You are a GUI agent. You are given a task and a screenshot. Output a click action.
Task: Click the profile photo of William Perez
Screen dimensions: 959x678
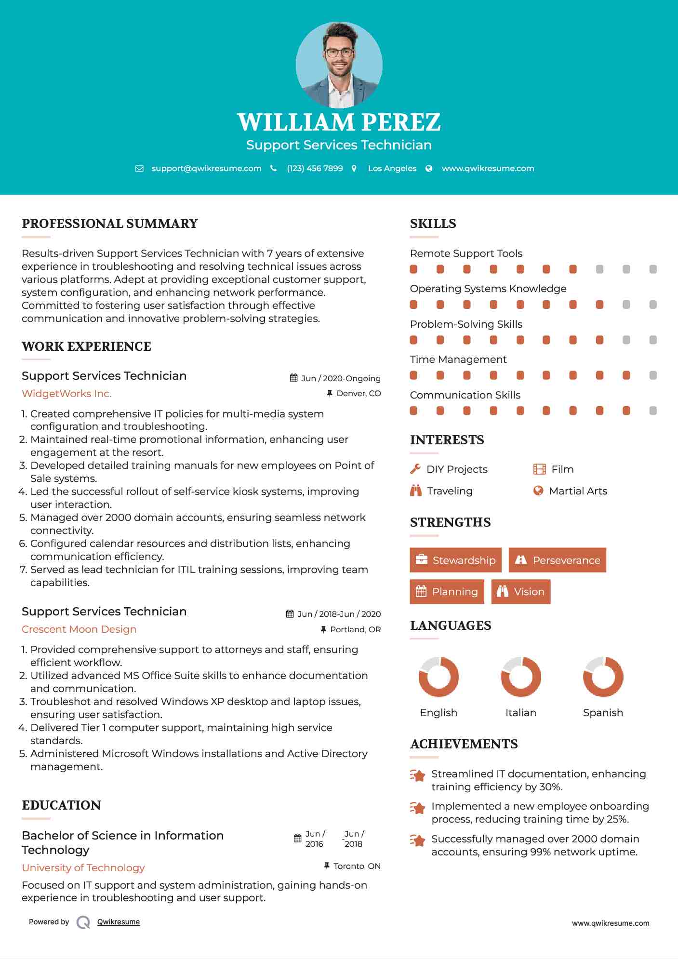[339, 65]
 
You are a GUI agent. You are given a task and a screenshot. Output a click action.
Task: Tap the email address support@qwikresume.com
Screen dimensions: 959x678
[206, 168]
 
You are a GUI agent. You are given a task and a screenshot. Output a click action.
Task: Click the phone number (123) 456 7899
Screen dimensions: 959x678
[315, 168]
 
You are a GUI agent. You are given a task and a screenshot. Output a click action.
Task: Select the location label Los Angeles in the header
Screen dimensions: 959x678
[392, 168]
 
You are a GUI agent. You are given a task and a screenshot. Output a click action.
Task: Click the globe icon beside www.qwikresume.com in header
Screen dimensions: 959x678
[429, 168]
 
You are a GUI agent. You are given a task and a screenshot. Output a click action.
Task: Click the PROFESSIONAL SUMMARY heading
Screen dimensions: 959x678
[110, 224]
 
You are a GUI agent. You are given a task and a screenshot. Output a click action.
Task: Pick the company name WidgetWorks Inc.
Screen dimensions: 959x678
[66, 394]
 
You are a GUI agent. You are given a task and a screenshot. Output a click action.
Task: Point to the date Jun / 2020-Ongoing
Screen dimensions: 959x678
[341, 378]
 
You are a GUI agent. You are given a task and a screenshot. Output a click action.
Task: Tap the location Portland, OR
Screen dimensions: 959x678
[355, 629]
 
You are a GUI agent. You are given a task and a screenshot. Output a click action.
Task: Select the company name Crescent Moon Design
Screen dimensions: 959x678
[79, 629]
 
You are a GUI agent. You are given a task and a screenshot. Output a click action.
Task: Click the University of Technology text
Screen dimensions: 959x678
[83, 868]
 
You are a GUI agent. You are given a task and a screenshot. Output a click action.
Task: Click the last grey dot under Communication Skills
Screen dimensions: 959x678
[653, 411]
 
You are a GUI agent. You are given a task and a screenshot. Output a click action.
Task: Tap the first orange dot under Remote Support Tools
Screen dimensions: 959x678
[413, 269]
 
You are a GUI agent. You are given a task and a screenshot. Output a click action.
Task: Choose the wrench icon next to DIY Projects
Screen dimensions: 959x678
[415, 469]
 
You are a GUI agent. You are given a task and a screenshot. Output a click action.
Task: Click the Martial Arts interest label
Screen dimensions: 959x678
[578, 491]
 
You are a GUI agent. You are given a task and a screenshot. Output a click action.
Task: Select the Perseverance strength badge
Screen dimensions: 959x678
[558, 560]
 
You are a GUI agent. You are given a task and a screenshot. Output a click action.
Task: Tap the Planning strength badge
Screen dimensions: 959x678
[447, 591]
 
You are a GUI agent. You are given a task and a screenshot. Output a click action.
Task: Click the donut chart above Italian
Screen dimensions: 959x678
[520, 677]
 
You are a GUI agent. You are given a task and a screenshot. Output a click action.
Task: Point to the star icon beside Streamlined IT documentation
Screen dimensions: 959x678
[418, 775]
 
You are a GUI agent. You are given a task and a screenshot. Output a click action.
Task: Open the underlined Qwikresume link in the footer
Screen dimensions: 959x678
[119, 922]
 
